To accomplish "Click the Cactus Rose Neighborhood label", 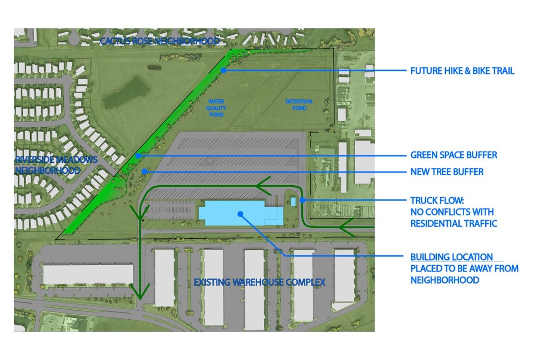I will [160, 41].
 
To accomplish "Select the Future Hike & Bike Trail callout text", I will [462, 71].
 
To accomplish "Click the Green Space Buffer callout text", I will [453, 155].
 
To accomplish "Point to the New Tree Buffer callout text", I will [446, 172].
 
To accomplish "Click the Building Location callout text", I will [464, 269].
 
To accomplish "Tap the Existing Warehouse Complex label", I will [259, 282].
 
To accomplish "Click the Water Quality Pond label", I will [217, 108].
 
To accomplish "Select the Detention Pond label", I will [298, 104].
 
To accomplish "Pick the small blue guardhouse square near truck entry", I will [293, 202].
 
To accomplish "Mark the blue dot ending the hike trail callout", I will [223, 70].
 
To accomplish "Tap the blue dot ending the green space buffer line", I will [138, 156].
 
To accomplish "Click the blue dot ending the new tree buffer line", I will [144, 172].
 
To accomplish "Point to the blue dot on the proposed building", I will [239, 213].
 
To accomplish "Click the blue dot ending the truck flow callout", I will [303, 199].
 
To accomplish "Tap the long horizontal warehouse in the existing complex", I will [87, 274].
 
